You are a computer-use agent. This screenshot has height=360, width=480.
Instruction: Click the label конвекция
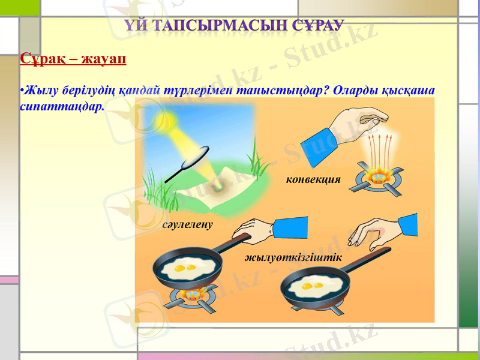pyautogui.click(x=313, y=179)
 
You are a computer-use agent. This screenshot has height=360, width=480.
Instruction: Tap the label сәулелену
pyautogui.click(x=188, y=224)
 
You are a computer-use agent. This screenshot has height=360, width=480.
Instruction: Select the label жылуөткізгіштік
pyautogui.click(x=293, y=257)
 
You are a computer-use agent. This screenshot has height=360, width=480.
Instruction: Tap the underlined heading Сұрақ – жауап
pyautogui.click(x=73, y=59)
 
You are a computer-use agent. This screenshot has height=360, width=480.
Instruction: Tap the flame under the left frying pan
pyautogui.click(x=193, y=294)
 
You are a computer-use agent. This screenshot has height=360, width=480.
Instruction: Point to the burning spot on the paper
pyautogui.click(x=218, y=187)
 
